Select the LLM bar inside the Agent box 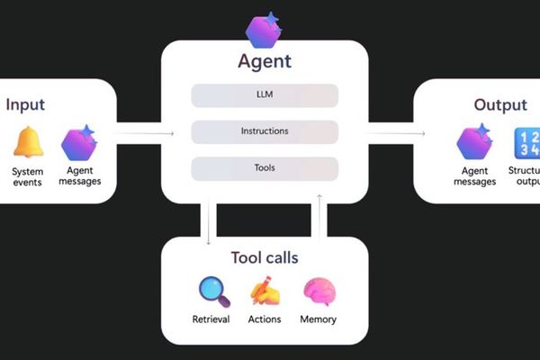point(265,95)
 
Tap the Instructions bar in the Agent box point(265,131)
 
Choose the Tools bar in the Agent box point(265,168)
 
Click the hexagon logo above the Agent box point(265,30)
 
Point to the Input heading point(25,104)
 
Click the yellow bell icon point(28,144)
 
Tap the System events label point(28,176)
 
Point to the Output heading point(500,105)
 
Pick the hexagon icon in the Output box point(473,143)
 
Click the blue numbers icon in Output point(526,144)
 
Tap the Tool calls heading point(265,258)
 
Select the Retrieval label point(211,319)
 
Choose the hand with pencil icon point(265,292)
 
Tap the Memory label point(319,319)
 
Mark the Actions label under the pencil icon point(265,319)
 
